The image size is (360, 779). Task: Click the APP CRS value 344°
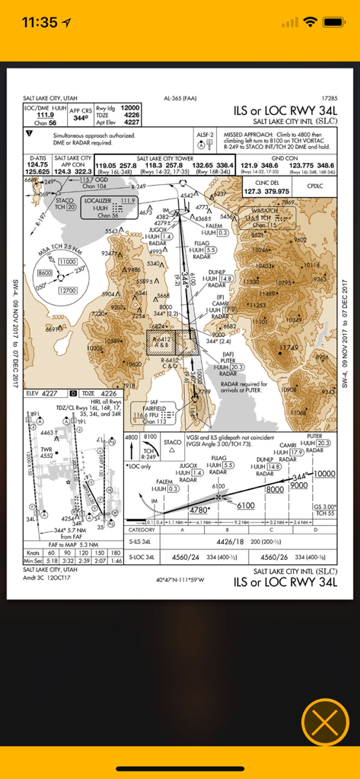point(80,119)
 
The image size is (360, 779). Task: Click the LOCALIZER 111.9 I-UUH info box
point(107,206)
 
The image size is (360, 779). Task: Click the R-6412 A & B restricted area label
point(162,342)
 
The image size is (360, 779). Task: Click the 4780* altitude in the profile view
point(199,510)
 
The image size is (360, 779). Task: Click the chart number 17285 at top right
point(329,98)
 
